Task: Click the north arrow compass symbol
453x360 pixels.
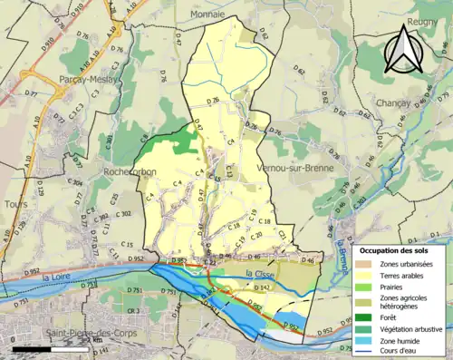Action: click(x=405, y=48)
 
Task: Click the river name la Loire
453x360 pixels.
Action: click(x=55, y=277)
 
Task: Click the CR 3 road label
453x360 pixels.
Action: click(x=133, y=312)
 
